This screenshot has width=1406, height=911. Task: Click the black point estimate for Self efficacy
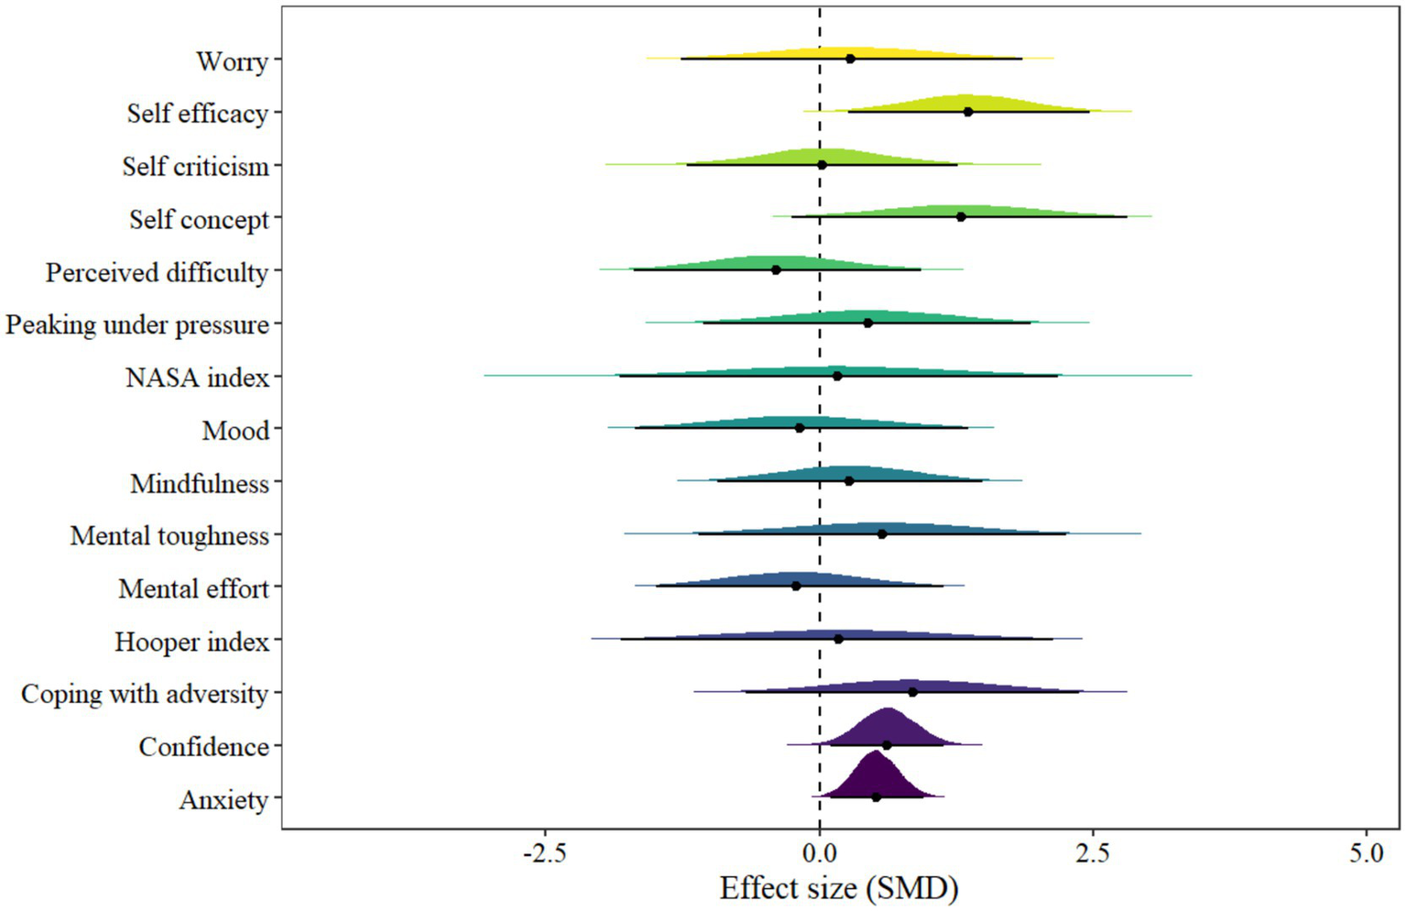pos(967,112)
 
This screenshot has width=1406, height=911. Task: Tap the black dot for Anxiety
pos(876,797)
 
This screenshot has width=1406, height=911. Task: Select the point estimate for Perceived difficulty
pos(776,269)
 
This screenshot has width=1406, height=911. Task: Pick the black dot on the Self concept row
pos(961,217)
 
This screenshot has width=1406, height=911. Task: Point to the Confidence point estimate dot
pos(886,745)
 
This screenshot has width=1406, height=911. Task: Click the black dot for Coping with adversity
pos(912,692)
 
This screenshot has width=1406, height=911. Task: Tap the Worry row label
pos(232,61)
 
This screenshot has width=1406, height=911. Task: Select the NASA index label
pos(197,378)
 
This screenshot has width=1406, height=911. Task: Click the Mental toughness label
pos(169,536)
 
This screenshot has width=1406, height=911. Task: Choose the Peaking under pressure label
pos(137,325)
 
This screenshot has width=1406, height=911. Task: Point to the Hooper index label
pos(191,642)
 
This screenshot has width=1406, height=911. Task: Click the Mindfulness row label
pos(200,484)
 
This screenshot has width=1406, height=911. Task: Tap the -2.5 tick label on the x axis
pos(545,853)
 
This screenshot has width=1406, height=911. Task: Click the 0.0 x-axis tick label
pos(819,853)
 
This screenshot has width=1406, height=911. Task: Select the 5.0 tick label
pos(1366,853)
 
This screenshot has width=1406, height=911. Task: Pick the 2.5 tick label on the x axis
pos(1092,853)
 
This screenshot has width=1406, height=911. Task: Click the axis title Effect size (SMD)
pos(838,888)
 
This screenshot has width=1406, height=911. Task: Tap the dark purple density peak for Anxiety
pos(875,757)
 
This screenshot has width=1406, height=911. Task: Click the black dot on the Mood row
pos(800,428)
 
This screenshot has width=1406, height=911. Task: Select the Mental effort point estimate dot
pos(796,586)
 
